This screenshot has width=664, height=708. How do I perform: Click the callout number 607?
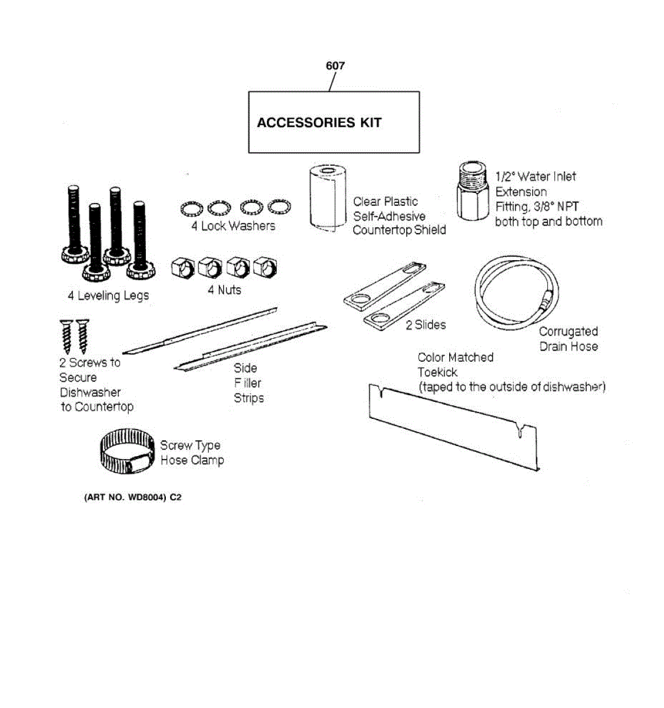335,65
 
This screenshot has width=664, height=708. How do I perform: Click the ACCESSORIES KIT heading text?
319,123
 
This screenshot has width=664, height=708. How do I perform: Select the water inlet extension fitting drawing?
473,192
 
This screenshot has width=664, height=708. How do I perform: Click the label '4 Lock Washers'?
233,226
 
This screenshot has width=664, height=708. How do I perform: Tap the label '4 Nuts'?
224,290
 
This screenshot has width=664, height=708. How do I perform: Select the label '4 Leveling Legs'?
108,296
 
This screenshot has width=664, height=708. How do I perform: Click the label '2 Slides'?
426,324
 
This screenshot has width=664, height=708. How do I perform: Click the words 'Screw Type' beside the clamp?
190,445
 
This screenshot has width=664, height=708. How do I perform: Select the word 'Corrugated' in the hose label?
568,332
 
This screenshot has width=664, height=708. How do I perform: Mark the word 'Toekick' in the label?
437,372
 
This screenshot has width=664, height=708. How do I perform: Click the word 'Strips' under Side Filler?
248,398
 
